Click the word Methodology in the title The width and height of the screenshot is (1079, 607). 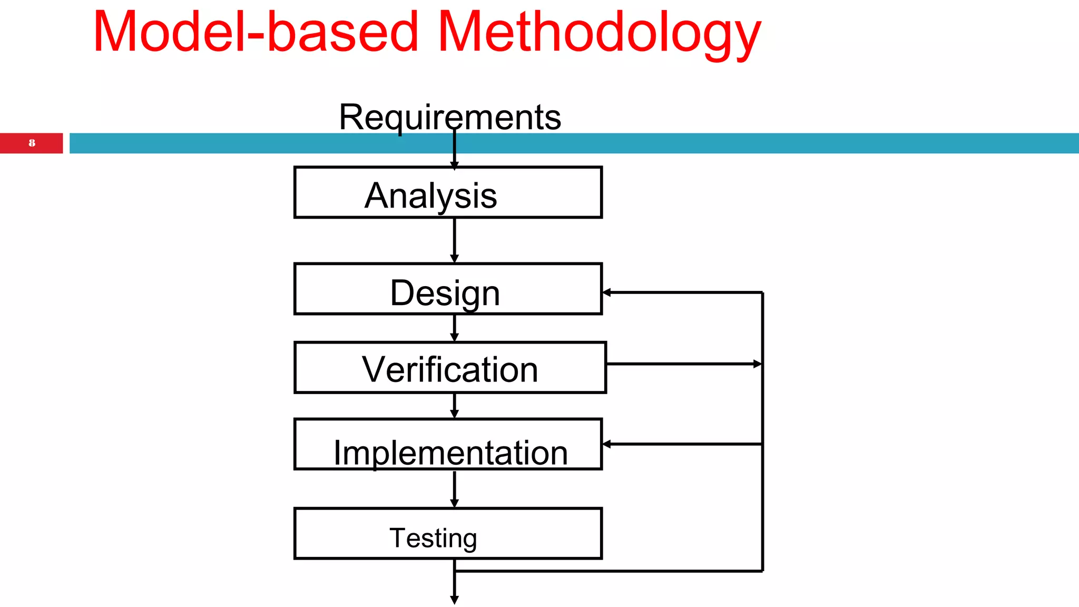point(599,33)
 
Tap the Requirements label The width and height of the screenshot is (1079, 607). point(449,117)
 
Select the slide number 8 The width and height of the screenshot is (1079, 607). point(32,143)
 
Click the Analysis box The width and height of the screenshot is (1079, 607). point(448,193)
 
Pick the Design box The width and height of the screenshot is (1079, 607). point(448,289)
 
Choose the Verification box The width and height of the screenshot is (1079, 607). point(450,368)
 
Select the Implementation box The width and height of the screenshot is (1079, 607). point(448,445)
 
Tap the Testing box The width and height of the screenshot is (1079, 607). point(448,534)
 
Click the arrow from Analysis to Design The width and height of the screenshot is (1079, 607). point(454,240)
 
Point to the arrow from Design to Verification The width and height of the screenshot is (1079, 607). point(454,328)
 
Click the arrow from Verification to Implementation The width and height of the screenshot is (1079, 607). point(454,405)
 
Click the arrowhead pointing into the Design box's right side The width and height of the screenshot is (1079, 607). point(607,292)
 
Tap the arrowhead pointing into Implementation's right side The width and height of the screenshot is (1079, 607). point(607,444)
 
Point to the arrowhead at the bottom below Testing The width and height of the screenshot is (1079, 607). point(454,600)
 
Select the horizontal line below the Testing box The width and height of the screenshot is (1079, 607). point(606,571)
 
